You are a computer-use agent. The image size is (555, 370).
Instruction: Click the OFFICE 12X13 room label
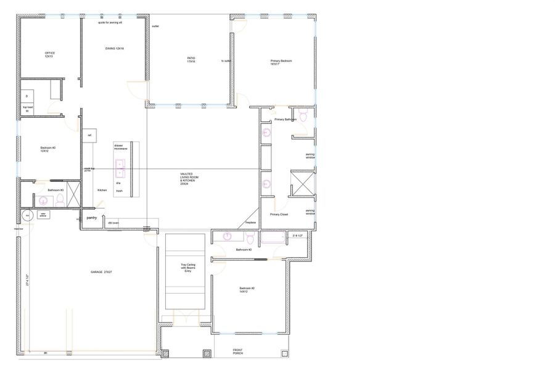click(49, 55)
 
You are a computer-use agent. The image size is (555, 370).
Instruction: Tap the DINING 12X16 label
click(115, 49)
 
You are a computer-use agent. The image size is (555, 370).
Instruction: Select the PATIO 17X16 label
click(191, 60)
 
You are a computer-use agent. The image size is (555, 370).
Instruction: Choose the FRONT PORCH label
click(237, 352)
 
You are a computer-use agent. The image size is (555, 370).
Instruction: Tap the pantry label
click(91, 218)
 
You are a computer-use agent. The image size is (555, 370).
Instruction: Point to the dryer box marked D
click(27, 96)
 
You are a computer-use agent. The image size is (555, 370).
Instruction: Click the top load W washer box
click(27, 110)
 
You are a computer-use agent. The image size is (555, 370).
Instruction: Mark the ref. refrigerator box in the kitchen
click(89, 135)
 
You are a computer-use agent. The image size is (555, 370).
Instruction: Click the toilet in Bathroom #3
click(60, 200)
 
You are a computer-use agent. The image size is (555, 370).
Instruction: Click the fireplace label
click(250, 222)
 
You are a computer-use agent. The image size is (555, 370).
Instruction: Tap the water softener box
click(43, 215)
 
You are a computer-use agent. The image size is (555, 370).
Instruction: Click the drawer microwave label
click(120, 147)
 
